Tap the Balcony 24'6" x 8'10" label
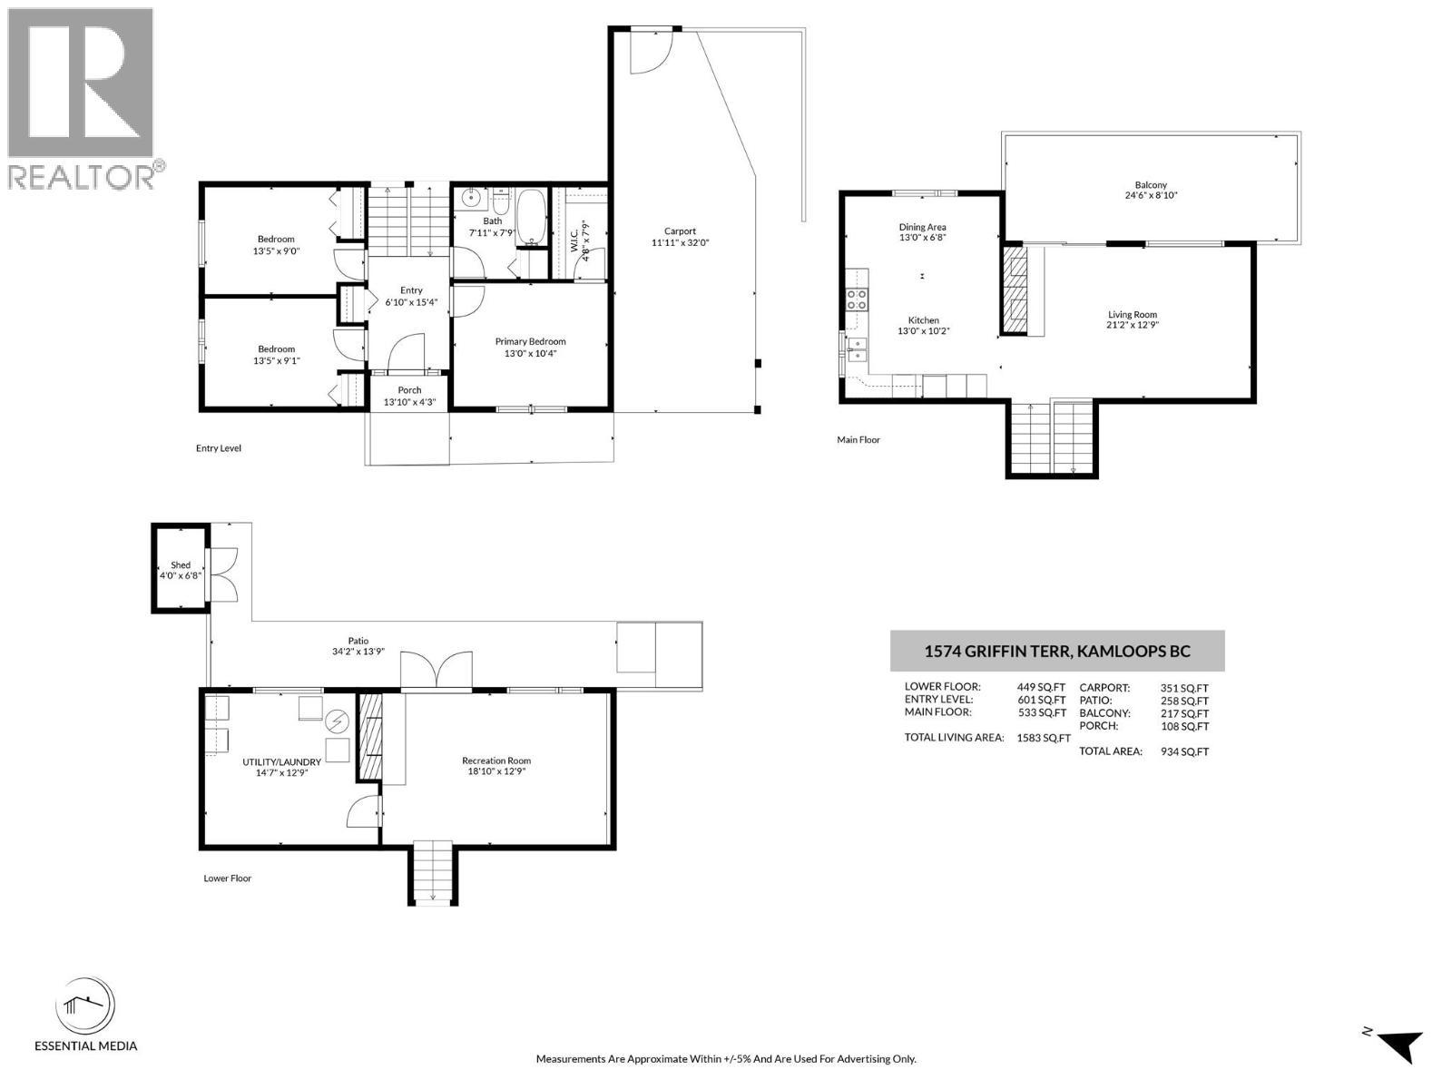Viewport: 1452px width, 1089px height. (x=1151, y=190)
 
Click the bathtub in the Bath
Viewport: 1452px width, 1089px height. (x=531, y=217)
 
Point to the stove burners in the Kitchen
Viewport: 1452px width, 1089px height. (x=857, y=299)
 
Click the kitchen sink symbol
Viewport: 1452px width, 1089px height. (x=856, y=349)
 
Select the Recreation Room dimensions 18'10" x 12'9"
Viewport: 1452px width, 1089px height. (x=496, y=771)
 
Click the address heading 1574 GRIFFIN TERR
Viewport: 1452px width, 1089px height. (x=1057, y=652)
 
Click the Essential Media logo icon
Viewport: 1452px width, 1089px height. (x=86, y=1006)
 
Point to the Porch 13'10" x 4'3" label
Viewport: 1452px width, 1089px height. (x=409, y=396)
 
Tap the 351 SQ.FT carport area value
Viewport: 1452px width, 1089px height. (x=1184, y=688)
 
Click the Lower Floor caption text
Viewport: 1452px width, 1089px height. (x=228, y=878)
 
